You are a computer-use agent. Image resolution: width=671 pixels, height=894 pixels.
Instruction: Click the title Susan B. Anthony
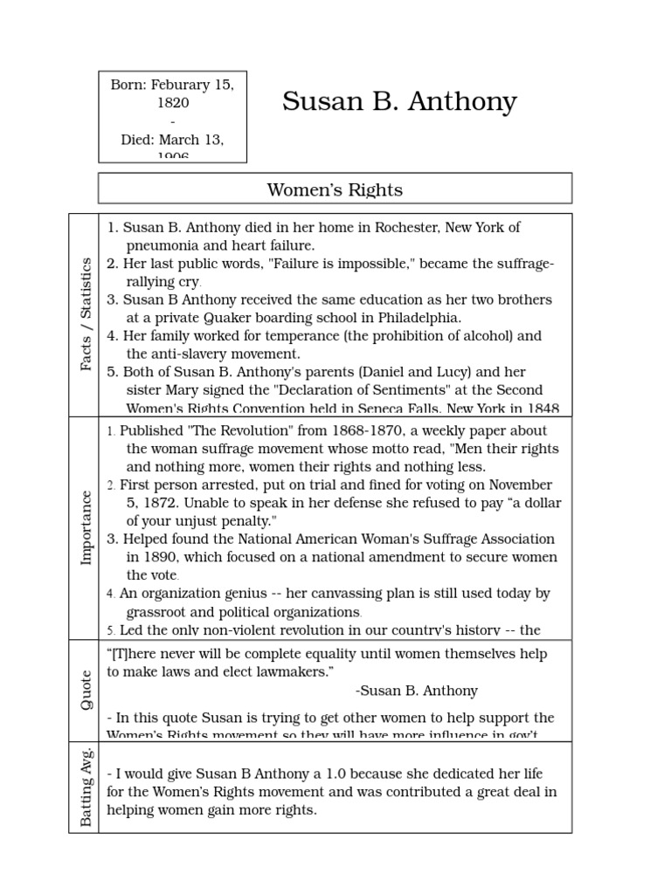point(399,103)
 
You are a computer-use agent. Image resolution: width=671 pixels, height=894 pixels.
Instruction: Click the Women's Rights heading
point(335,189)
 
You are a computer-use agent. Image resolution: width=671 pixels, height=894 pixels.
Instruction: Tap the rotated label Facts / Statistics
point(86,313)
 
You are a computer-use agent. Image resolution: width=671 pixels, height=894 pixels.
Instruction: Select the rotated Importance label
point(86,527)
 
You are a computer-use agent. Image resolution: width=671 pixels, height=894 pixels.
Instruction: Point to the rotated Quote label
point(86,690)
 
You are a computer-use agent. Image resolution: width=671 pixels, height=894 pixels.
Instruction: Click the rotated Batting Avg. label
point(86,787)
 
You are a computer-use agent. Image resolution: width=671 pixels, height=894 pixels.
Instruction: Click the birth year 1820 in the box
point(173,102)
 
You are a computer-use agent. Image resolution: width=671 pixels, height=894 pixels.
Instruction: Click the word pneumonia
point(164,246)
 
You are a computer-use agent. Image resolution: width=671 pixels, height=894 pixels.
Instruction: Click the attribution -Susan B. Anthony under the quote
point(418,691)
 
